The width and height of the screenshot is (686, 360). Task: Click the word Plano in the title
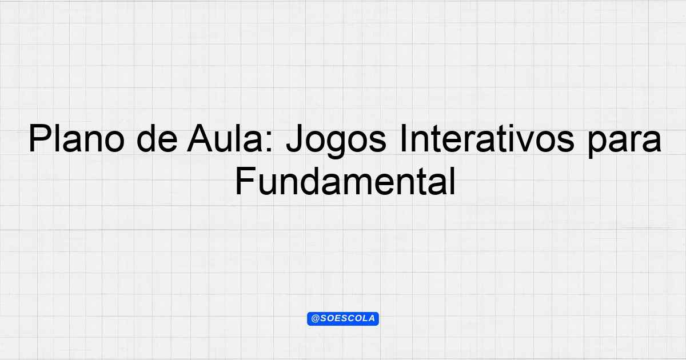tap(77, 138)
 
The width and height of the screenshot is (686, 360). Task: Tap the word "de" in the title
tap(157, 138)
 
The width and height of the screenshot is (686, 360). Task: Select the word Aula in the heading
tap(225, 138)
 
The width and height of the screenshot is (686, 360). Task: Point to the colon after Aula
tap(269, 142)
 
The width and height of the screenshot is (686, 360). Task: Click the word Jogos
tap(336, 141)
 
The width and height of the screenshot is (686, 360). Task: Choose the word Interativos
tap(487, 138)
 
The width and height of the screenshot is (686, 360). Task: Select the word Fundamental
tap(345, 181)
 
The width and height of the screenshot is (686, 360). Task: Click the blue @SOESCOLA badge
tap(343, 319)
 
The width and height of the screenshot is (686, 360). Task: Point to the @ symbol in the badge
tap(315, 319)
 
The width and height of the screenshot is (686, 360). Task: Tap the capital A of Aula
tap(200, 138)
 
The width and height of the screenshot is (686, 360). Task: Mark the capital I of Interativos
tap(403, 138)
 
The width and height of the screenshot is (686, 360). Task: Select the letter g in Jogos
tap(336, 145)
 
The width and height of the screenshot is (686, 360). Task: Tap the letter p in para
tap(597, 145)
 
